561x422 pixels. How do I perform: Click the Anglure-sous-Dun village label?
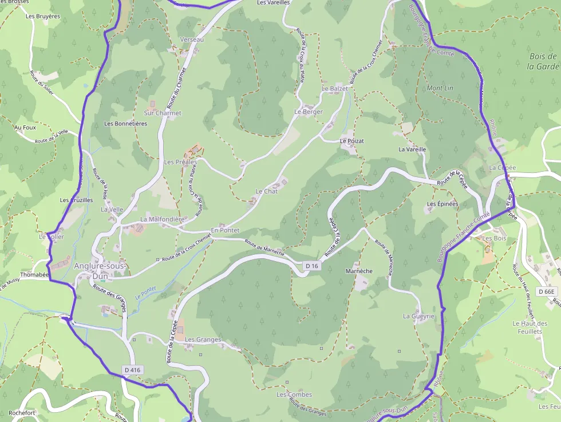pyautogui.click(x=98, y=270)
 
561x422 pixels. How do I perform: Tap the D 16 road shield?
pyautogui.click(x=311, y=266)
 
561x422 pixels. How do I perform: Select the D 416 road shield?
pyautogui.click(x=132, y=370)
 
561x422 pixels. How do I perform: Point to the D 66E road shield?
pyautogui.click(x=546, y=291)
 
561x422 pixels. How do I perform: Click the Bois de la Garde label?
pyautogui.click(x=543, y=61)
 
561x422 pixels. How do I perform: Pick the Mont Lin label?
pyautogui.click(x=440, y=88)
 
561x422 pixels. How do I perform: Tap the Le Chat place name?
pyautogui.click(x=266, y=191)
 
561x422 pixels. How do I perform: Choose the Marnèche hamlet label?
pyautogui.click(x=359, y=271)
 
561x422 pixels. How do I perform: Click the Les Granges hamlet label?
pyautogui.click(x=203, y=340)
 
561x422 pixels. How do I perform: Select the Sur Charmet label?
pyautogui.click(x=162, y=113)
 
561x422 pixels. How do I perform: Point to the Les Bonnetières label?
pyautogui.click(x=125, y=123)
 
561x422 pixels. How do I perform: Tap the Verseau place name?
pyautogui.click(x=192, y=40)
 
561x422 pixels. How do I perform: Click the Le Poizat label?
pyautogui.click(x=351, y=140)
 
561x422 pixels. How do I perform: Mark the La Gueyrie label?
pyautogui.click(x=418, y=316)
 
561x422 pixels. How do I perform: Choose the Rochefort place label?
pyautogui.click(x=22, y=412)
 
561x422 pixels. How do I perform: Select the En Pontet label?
pyautogui.click(x=225, y=230)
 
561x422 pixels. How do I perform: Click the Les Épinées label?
pyautogui.click(x=443, y=204)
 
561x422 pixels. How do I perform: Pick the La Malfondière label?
pyautogui.click(x=163, y=219)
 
